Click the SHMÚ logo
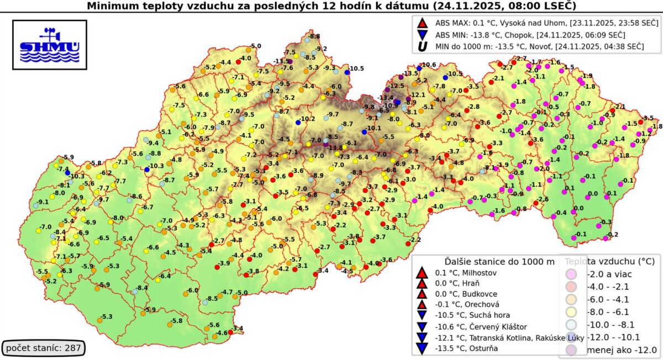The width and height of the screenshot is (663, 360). pyautogui.click(x=49, y=45)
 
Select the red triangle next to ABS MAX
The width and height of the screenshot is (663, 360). pyautogui.click(x=423, y=23)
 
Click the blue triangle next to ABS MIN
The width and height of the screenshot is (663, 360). pyautogui.click(x=423, y=35)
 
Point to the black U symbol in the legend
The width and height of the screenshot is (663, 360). pyautogui.click(x=423, y=46)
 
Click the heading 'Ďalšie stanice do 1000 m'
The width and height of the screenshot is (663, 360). pyautogui.click(x=499, y=261)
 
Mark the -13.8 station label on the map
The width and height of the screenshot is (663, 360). pyautogui.click(x=336, y=148)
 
